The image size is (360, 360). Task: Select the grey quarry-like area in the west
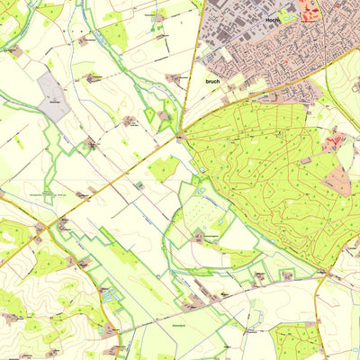(53, 96)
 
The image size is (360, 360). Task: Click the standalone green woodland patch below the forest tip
(164, 167)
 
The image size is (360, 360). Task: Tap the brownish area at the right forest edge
(339, 180)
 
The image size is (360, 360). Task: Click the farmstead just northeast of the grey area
(93, 78)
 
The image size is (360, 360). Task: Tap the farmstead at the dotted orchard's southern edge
(199, 238)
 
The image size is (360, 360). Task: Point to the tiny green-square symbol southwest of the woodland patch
(139, 184)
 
